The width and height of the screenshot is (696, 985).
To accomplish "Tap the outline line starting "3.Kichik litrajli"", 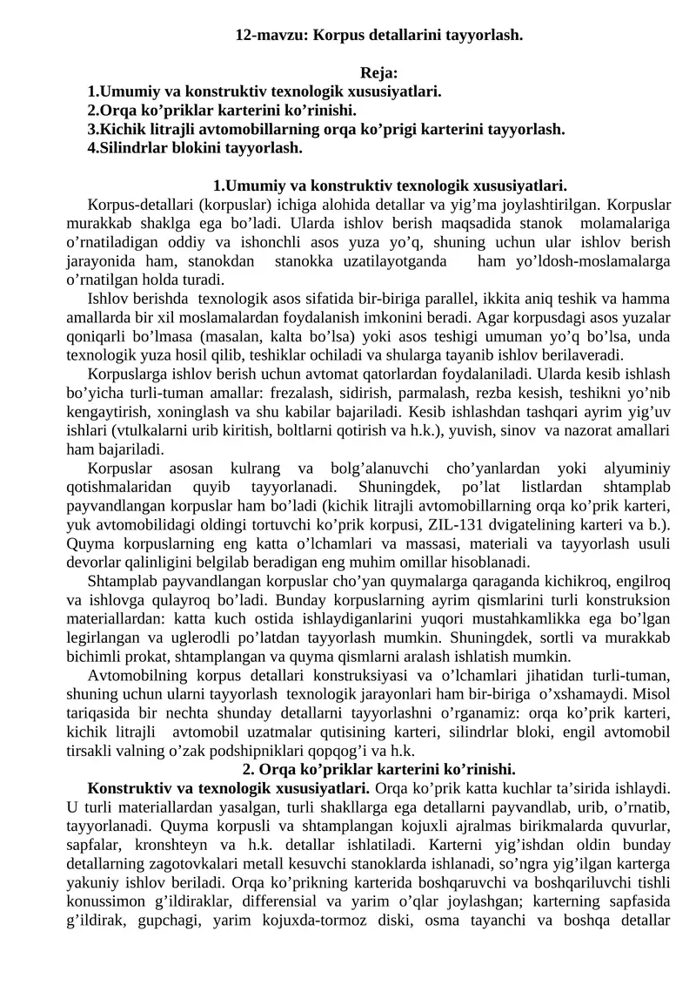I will (x=326, y=129).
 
